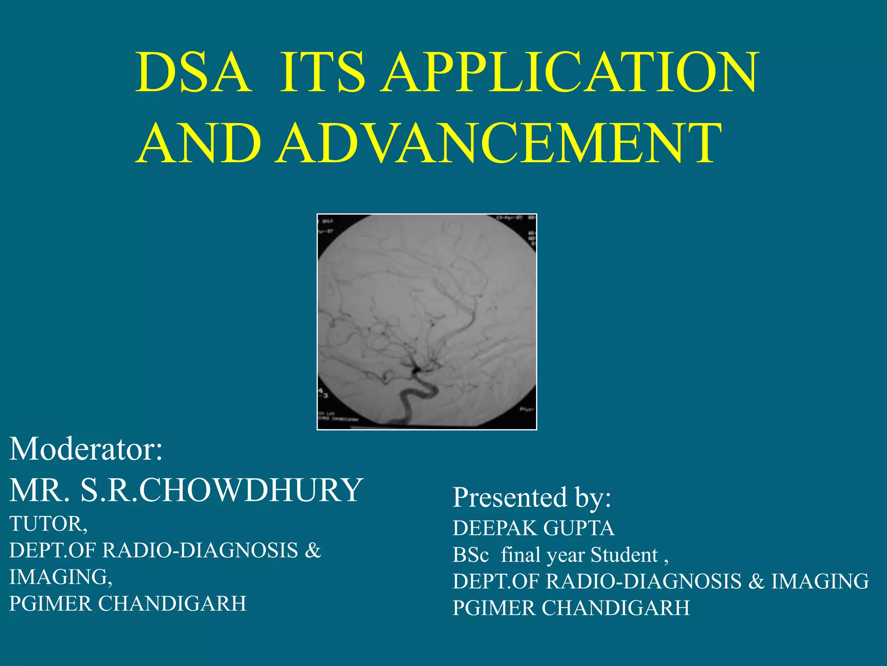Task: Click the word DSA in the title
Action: click(x=194, y=73)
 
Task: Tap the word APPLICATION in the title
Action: click(x=570, y=73)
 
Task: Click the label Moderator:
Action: click(x=86, y=449)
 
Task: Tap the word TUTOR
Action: click(x=48, y=524)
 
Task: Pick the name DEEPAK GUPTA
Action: click(x=533, y=528)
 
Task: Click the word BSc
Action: click(x=470, y=555)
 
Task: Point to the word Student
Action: click(x=624, y=555)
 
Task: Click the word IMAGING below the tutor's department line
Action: click(x=60, y=577)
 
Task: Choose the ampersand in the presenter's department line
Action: click(x=756, y=581)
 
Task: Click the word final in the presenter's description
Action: click(x=521, y=555)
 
